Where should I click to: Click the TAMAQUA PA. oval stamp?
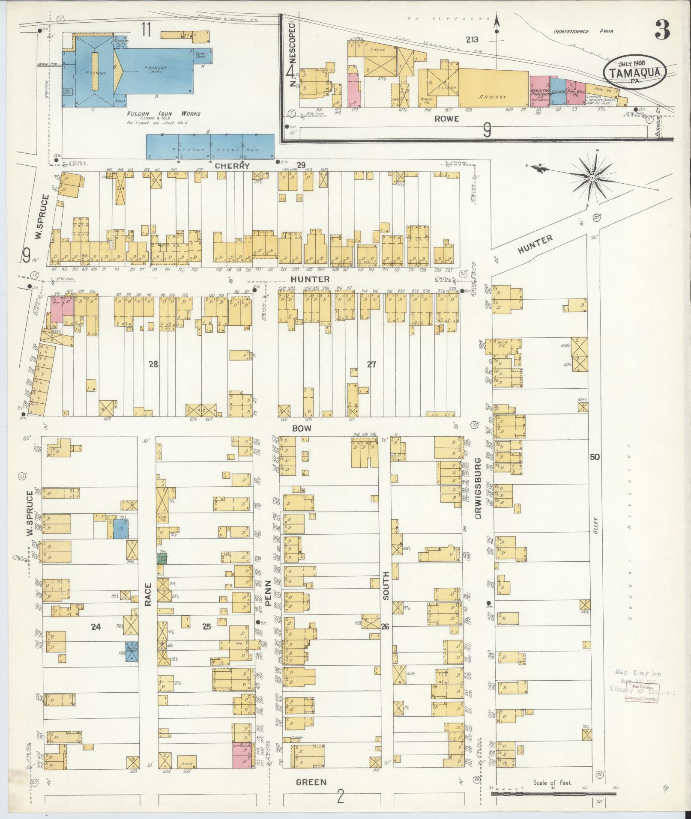point(635,72)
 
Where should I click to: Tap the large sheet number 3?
point(662,30)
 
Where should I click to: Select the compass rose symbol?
point(592,177)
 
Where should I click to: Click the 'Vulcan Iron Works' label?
point(163,114)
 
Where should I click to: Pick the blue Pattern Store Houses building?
point(210,146)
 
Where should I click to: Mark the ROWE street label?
point(447,119)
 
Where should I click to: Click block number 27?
point(371,364)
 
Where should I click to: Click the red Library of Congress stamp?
point(642,692)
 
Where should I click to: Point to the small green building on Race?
point(162,558)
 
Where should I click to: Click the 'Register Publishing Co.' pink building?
point(540,90)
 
